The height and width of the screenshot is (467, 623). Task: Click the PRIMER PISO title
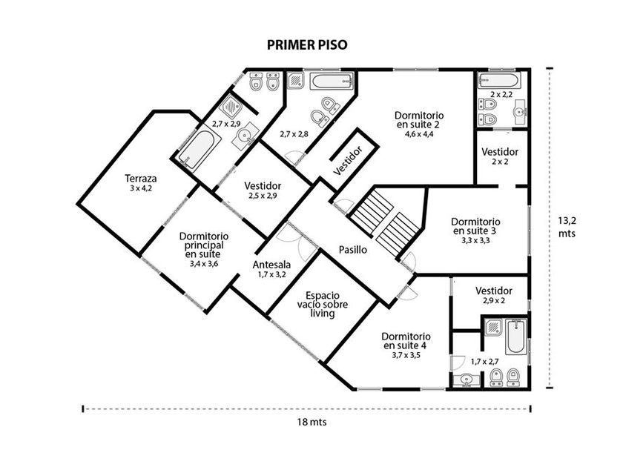click(x=307, y=45)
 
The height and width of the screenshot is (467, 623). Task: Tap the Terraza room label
click(x=141, y=179)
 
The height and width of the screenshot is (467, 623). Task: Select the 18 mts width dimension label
click(x=312, y=422)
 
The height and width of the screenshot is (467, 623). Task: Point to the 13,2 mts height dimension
click(x=567, y=227)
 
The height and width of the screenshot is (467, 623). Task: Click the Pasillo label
click(x=353, y=250)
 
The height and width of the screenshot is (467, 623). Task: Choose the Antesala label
click(x=271, y=265)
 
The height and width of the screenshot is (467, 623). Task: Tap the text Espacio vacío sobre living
click(x=323, y=305)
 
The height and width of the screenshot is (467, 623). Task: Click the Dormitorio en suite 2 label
click(x=419, y=120)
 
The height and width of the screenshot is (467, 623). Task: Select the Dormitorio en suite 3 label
click(x=475, y=226)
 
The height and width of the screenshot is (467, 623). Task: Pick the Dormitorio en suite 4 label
click(x=406, y=341)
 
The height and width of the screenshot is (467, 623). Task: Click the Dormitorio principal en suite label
click(x=204, y=245)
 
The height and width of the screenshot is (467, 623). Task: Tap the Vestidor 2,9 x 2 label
click(x=494, y=295)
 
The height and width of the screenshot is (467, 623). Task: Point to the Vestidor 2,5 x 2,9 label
click(x=263, y=191)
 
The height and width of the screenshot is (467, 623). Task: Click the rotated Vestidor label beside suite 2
click(x=348, y=160)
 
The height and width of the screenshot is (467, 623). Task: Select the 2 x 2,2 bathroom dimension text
click(x=501, y=95)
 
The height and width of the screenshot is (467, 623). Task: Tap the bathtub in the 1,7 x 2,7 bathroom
click(x=516, y=337)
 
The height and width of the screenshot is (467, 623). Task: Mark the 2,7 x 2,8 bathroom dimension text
click(x=294, y=134)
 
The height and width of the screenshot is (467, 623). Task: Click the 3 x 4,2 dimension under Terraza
click(x=141, y=188)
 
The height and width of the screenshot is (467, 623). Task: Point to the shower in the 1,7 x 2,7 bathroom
click(x=493, y=327)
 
